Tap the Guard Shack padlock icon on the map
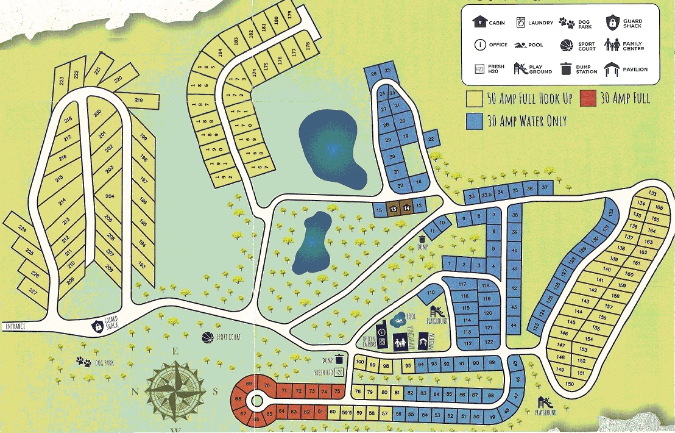click(x=97, y=327)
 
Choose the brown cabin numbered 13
click(x=394, y=209)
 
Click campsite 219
click(x=139, y=100)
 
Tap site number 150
click(x=570, y=384)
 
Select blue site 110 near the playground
click(x=432, y=293)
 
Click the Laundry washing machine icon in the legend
click(x=521, y=23)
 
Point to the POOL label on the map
click(x=411, y=317)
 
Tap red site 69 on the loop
click(x=249, y=383)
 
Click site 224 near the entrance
click(x=22, y=229)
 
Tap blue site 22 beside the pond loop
click(x=431, y=140)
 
